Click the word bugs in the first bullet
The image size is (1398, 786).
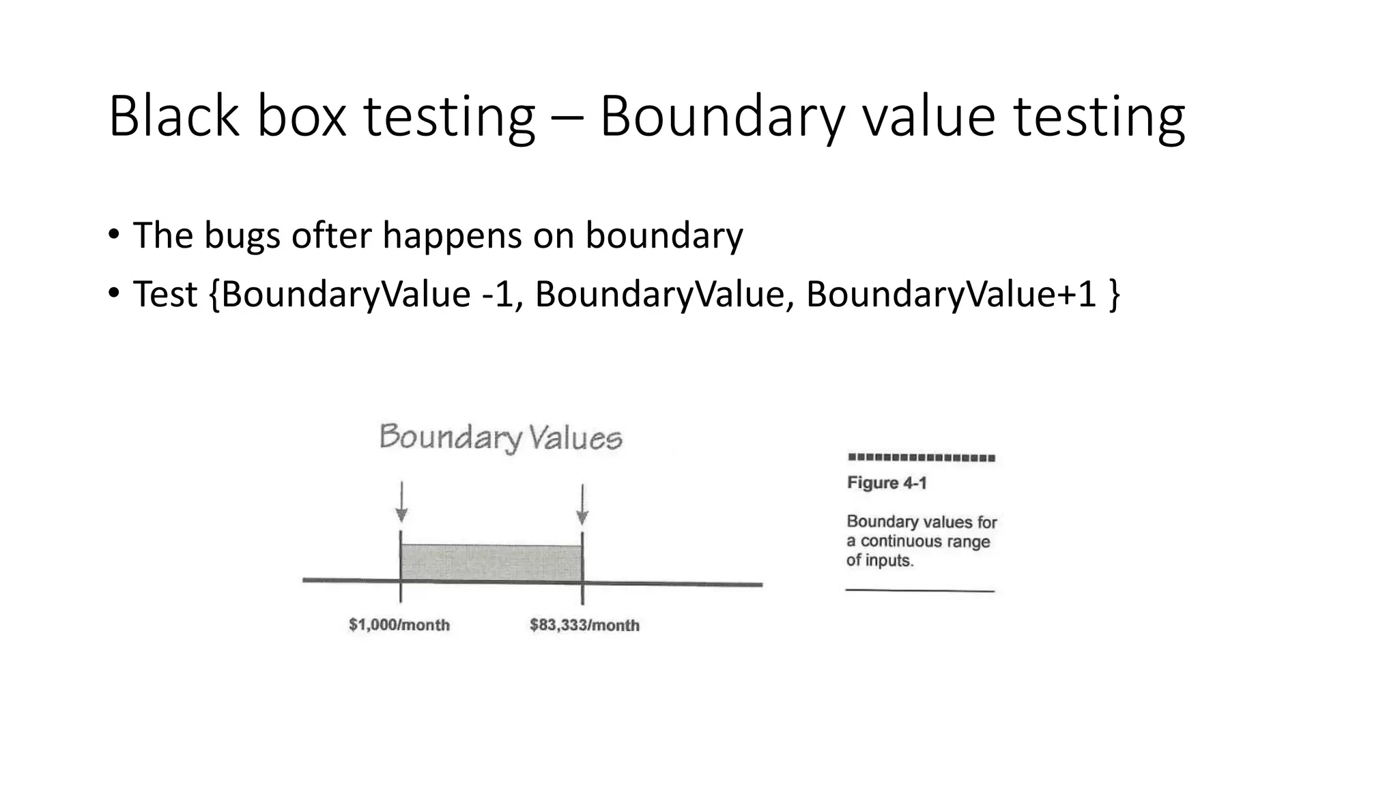[242, 236]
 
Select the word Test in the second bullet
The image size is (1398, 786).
[165, 294]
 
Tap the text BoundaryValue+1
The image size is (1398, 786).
[951, 294]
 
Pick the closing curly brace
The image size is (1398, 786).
[1114, 294]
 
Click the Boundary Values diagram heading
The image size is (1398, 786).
[500, 437]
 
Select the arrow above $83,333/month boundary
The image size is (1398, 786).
[582, 505]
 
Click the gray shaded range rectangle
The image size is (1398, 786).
[491, 562]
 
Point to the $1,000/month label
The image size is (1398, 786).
[399, 625]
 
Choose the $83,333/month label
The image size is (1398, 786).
[584, 625]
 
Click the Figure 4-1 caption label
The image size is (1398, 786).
[887, 483]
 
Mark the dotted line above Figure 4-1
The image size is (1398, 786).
[921, 458]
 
